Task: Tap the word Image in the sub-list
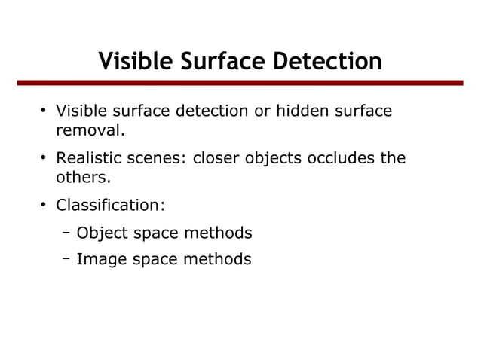click(100, 260)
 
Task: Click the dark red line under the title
click(240, 83)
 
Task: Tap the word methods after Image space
click(219, 260)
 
